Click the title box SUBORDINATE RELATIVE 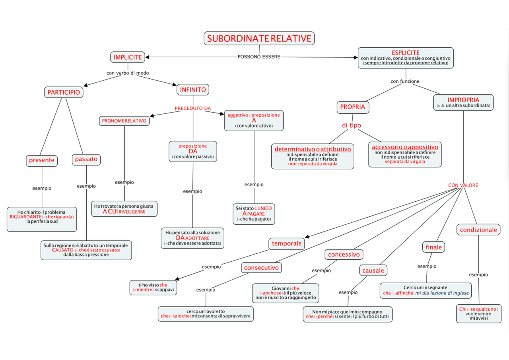pos(259,39)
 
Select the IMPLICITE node pos(128,57)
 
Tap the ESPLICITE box pos(406,58)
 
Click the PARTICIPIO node pos(64,92)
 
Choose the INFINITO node pos(193,90)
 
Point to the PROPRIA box pos(352,107)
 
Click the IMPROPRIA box pos(463,102)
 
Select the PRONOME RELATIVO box pos(124,121)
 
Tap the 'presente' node pos(42,160)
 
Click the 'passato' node pos(86,160)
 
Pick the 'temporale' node pos(287,243)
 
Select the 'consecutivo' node pos(261,268)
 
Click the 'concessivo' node pos(344,254)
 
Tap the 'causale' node pos(373,270)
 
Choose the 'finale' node pos(433,247)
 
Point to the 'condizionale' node pos(478,230)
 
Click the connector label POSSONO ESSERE pos(259,57)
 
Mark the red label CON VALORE pos(463,185)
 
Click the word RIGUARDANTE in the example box pos(25,217)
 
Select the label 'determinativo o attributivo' pos(313,149)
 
